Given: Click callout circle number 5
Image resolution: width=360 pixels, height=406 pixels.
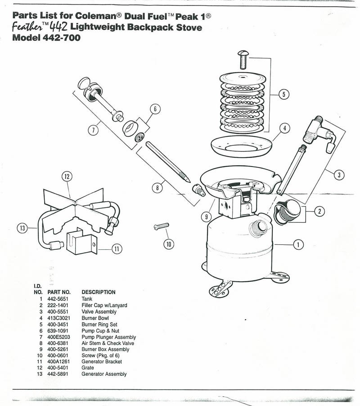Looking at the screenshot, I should click(284, 95).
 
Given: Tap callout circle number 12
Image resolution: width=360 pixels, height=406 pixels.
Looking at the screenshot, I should click(67, 176).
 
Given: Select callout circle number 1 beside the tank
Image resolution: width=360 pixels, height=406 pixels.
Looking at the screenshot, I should click(297, 245).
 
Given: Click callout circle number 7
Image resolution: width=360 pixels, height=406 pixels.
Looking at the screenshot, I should click(93, 130).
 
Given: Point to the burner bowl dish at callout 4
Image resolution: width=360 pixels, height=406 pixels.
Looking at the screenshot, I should click(242, 146).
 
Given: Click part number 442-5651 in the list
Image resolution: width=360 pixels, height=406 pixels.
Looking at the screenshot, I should click(57, 299).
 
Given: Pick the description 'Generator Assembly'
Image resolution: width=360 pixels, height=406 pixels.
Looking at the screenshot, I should click(104, 374).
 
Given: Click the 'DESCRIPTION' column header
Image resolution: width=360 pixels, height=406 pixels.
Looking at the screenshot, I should click(98, 292).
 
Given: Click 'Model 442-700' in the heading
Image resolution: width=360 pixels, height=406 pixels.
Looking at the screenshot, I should click(46, 38).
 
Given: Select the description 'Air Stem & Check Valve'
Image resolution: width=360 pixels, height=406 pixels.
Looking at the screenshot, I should click(108, 343).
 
